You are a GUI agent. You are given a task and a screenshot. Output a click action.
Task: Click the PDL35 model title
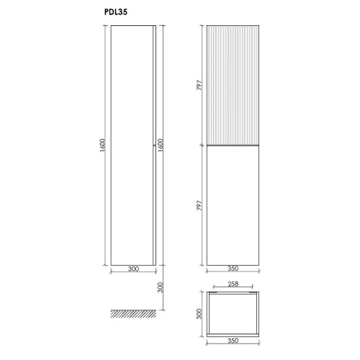pyautogui.click(x=116, y=12)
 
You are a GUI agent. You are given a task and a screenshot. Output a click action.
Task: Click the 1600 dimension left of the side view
pyautogui.click(x=102, y=145)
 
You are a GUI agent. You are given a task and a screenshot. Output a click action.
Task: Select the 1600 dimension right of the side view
pyautogui.click(x=161, y=145)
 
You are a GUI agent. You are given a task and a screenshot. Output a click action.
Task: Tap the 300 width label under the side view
pyautogui.click(x=133, y=269)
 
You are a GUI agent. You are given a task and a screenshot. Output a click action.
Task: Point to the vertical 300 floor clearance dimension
pyautogui.click(x=161, y=287)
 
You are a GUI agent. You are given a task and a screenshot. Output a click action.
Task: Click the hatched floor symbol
pyautogui.click(x=133, y=314)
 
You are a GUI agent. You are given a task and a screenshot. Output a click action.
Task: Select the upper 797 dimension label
pyautogui.click(x=199, y=85)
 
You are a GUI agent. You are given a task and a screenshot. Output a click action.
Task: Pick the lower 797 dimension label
pyautogui.click(x=199, y=205)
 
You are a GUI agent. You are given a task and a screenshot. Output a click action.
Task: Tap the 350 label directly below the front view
pyautogui.click(x=233, y=269)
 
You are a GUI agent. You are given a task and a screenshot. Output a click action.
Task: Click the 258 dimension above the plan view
pyautogui.click(x=233, y=284)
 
